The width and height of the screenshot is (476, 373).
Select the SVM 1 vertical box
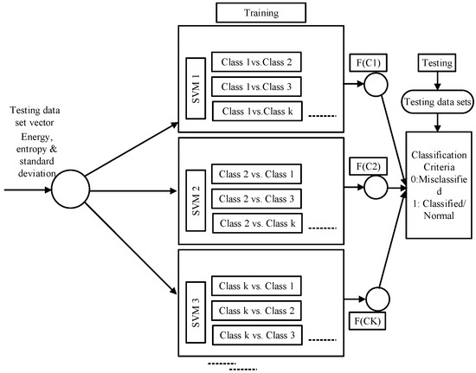click(195, 87)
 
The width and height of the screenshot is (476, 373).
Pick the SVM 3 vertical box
click(195, 310)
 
